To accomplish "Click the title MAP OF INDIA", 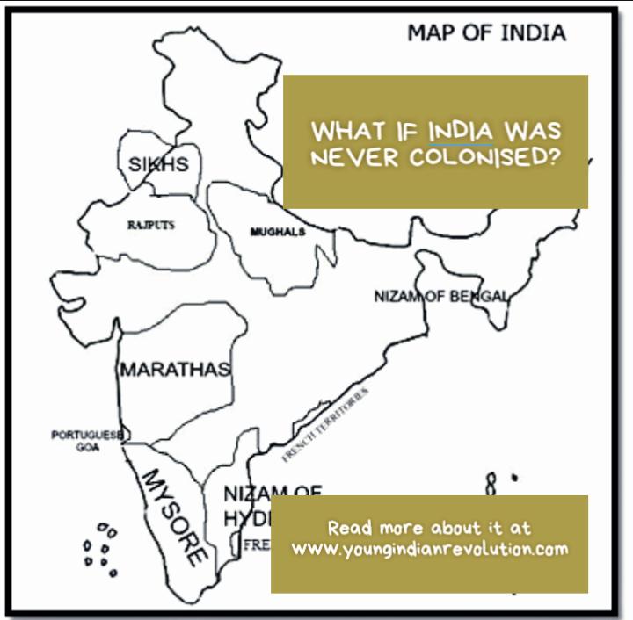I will pos(485,34).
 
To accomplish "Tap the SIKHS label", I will pos(158,164).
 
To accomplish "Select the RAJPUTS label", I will pos(150,225).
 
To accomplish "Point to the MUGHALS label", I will pos(278,232).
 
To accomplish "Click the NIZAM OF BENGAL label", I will pos(440,296).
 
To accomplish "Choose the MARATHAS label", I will pos(175,369).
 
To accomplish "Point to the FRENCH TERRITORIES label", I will pos(325,424).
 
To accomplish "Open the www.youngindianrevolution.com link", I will pos(430,550).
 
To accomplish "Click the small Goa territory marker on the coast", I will pos(125,435).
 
